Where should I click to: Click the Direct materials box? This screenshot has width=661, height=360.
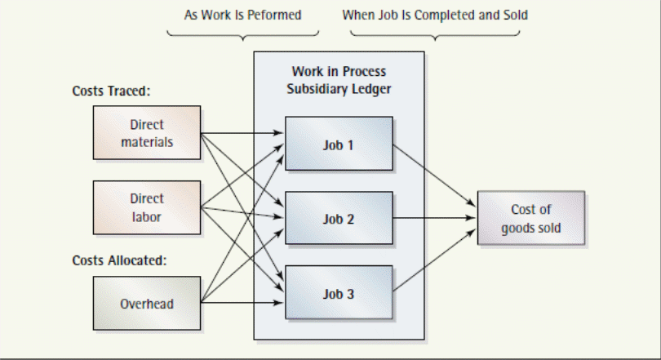147,133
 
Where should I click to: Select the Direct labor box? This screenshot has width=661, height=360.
147,207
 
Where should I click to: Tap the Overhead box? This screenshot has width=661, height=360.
147,304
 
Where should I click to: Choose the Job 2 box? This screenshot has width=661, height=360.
339,219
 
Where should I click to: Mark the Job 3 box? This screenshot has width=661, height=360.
339,293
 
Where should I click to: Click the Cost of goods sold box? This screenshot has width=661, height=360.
530,219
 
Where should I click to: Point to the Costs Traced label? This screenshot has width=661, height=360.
111,91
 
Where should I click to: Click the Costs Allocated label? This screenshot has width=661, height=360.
119,261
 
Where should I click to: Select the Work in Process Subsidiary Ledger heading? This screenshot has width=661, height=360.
339,80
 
